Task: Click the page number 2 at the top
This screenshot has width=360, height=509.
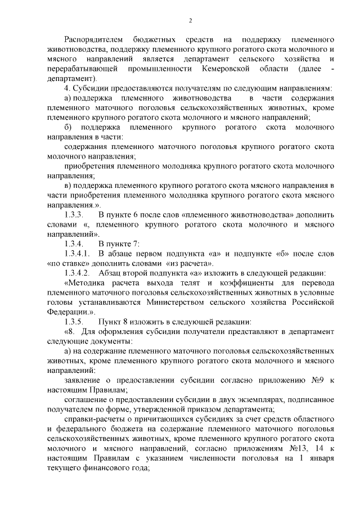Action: (x=190, y=20)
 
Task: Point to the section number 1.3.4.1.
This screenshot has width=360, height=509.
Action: (x=78, y=254)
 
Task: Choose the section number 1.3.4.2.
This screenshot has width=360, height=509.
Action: (x=78, y=273)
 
